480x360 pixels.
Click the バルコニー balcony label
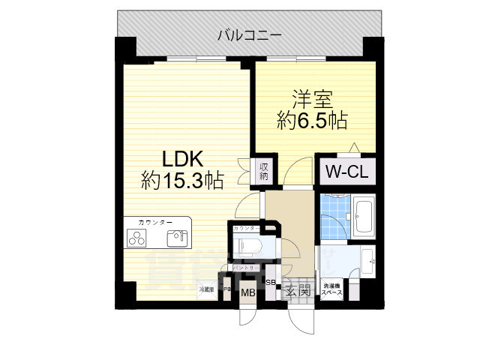(x=250, y=34)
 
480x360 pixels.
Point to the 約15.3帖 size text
(x=181, y=180)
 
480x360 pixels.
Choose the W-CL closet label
(x=345, y=171)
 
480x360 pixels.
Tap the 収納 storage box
(x=264, y=170)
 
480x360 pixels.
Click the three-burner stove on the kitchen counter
(x=139, y=239)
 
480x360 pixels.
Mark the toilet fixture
(x=247, y=244)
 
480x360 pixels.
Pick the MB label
(x=247, y=293)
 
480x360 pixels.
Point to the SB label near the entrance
(x=271, y=283)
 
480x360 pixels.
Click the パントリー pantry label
(x=245, y=267)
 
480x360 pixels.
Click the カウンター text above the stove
(x=155, y=223)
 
